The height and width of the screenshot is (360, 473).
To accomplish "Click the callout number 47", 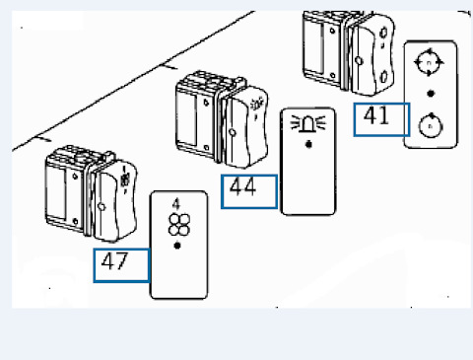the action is coord(114,261).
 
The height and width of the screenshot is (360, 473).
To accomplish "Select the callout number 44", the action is coord(242,186).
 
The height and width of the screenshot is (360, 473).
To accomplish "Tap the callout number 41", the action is coord(376,115).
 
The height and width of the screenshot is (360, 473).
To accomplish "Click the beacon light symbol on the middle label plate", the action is coord(307,123).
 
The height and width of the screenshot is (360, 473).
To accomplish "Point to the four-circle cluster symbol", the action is coord(179,225).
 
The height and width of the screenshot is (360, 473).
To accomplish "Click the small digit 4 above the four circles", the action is coord(176,204).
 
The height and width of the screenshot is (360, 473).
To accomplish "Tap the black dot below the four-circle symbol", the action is coord(177,246).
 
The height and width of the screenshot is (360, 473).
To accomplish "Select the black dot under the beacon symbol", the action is coord(308,144).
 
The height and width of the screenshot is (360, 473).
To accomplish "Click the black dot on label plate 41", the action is coord(431,94).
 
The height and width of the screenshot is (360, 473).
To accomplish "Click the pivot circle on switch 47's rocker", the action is coord(101,207).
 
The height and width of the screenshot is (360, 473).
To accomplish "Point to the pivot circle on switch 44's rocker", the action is coord(233,132).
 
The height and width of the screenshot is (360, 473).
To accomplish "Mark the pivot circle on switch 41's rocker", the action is coord(359,61).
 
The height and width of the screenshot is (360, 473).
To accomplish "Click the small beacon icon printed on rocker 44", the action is coord(256,106).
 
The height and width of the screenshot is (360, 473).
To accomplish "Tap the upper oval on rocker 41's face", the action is coord(383,33).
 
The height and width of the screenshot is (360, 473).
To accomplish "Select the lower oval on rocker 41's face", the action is coord(384,77).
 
